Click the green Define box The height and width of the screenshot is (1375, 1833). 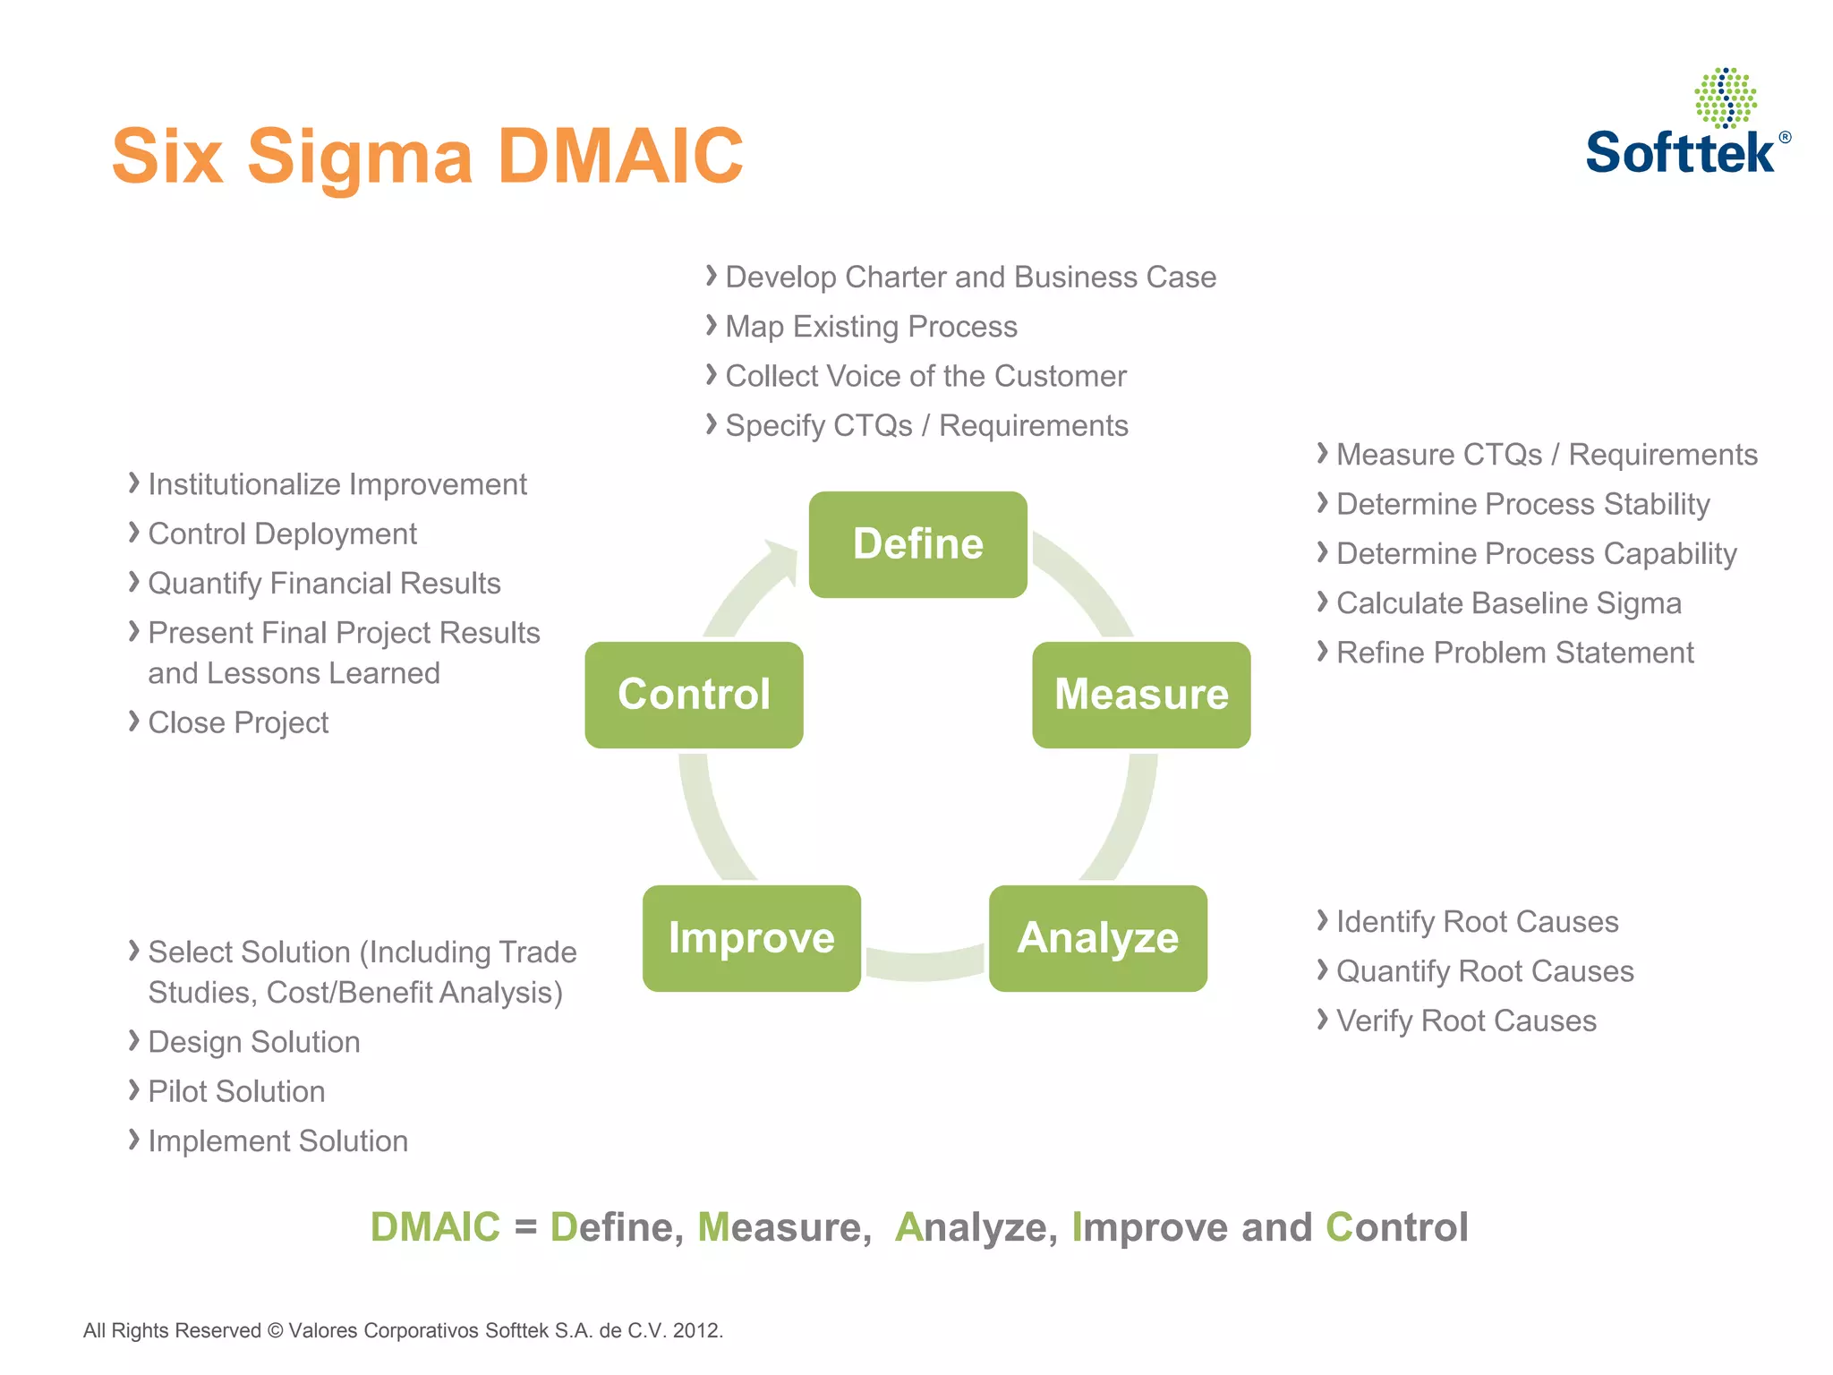(x=917, y=544)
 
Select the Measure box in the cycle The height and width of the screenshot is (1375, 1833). (x=1141, y=695)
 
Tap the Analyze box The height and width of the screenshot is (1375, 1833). (x=1097, y=938)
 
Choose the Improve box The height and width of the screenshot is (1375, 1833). (x=751, y=938)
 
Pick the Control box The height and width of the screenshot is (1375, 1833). (x=694, y=695)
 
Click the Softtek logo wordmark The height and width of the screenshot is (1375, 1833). (x=1679, y=152)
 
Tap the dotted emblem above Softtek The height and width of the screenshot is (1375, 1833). (x=1725, y=97)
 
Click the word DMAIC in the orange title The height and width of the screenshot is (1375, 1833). (x=619, y=157)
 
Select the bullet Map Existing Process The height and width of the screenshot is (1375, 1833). (x=870, y=327)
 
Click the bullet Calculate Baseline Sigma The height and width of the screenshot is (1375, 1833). (x=1508, y=603)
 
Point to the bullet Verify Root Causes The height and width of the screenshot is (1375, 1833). (x=1465, y=1021)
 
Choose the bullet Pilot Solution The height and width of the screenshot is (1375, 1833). (x=236, y=1091)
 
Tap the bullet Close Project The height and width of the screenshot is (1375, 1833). (x=238, y=722)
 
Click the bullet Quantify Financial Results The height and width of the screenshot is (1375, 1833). (x=324, y=584)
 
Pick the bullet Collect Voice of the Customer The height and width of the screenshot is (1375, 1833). (x=925, y=376)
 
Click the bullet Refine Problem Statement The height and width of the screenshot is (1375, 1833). (x=1514, y=653)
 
